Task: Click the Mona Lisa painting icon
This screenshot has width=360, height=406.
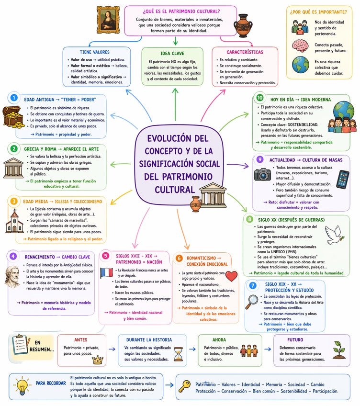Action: (109, 20)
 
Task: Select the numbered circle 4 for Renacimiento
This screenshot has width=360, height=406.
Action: (13, 256)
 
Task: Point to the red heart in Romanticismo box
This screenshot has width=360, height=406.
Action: (231, 276)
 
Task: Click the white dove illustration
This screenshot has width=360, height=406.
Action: (336, 235)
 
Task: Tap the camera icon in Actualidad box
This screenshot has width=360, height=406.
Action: (262, 174)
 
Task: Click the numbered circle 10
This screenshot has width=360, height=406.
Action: (259, 98)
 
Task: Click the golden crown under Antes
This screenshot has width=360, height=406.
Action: (98, 360)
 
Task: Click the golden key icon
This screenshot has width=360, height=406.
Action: (184, 386)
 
